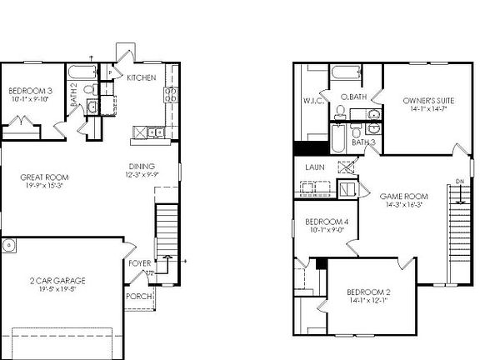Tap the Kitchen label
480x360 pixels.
(x=141, y=77)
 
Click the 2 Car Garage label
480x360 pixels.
(x=57, y=281)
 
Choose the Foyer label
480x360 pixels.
(x=139, y=263)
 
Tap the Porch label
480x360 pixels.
(x=137, y=296)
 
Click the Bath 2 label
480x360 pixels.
(x=73, y=93)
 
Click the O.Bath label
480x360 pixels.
(x=353, y=97)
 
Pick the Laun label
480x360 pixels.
(x=314, y=167)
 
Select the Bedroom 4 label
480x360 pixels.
(x=326, y=222)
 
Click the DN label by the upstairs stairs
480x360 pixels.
(x=459, y=182)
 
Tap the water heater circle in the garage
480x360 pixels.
(x=8, y=246)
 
